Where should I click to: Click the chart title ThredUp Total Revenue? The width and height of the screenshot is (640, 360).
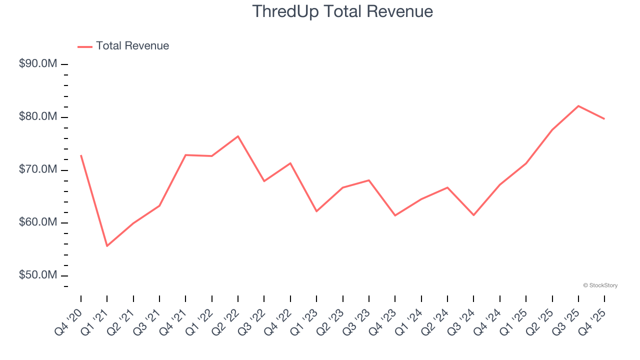(342, 11)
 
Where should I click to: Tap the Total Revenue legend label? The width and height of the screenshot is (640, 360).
(132, 46)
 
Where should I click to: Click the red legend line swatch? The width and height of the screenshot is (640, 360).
(85, 46)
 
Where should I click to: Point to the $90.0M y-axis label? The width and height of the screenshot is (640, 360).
(38, 64)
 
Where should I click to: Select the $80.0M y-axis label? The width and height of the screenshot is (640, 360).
(38, 117)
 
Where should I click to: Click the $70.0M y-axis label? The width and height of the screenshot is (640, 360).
(38, 170)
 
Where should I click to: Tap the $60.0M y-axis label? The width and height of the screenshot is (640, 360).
(38, 222)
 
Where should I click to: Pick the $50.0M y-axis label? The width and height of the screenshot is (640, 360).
(38, 275)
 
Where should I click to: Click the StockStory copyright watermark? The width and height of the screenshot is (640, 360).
(600, 285)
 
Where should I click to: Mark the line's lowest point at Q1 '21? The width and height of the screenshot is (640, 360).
(107, 246)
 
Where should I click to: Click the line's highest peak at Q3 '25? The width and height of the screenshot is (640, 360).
(578, 105)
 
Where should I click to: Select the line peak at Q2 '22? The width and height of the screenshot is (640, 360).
(238, 136)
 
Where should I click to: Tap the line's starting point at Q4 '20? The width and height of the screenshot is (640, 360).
(81, 155)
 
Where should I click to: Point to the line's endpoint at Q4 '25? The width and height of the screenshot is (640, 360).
(604, 119)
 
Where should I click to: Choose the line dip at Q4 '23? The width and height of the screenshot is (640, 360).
(395, 215)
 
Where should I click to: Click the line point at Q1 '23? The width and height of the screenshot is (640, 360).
(316, 211)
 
